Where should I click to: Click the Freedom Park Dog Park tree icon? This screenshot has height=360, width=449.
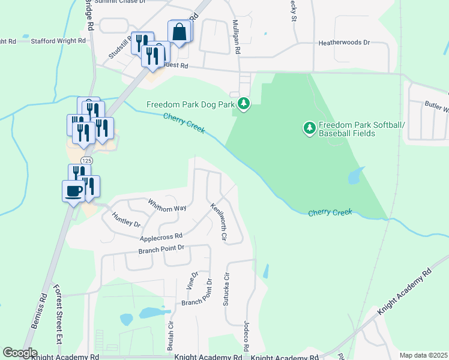244,104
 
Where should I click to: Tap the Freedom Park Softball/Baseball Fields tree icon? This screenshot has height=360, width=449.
310,128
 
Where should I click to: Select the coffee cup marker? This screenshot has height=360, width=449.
74,191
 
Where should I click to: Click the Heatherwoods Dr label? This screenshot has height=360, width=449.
345,43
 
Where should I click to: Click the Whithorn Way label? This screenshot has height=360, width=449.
167,204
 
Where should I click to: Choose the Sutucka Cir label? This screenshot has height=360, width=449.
227,288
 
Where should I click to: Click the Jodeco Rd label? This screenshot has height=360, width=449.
246,336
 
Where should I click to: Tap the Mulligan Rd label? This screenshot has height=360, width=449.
236,37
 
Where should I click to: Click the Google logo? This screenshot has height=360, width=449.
20,353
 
